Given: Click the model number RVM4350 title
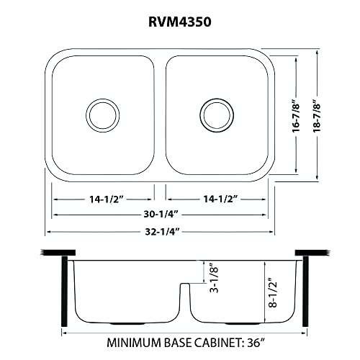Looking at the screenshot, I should point(179,22).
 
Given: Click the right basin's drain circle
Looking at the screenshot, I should point(214,113).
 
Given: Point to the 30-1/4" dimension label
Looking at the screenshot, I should point(161,214).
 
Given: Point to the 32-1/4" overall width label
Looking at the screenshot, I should point(161,230).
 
